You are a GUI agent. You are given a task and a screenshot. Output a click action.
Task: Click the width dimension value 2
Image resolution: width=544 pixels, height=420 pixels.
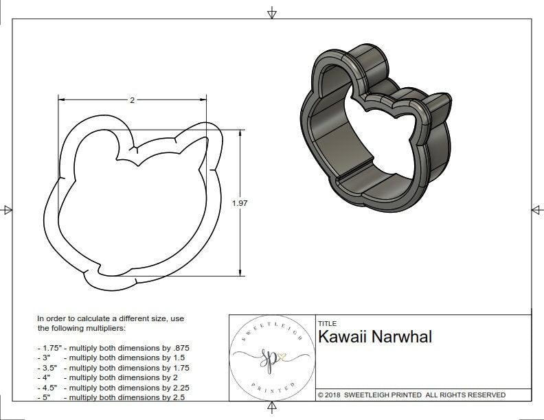132,100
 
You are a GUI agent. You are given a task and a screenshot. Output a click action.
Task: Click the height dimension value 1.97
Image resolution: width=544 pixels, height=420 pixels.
240,203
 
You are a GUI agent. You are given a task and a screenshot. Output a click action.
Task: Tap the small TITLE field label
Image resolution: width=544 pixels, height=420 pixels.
326,323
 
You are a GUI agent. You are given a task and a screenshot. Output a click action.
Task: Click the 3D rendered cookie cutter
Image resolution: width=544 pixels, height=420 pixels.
374,127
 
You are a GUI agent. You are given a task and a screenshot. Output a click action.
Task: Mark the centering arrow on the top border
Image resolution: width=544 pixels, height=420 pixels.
272,12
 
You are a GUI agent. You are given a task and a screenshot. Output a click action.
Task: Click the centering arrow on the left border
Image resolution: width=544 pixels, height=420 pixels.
7,209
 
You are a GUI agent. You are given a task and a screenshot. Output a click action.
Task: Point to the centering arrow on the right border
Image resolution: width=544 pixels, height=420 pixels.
536,209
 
